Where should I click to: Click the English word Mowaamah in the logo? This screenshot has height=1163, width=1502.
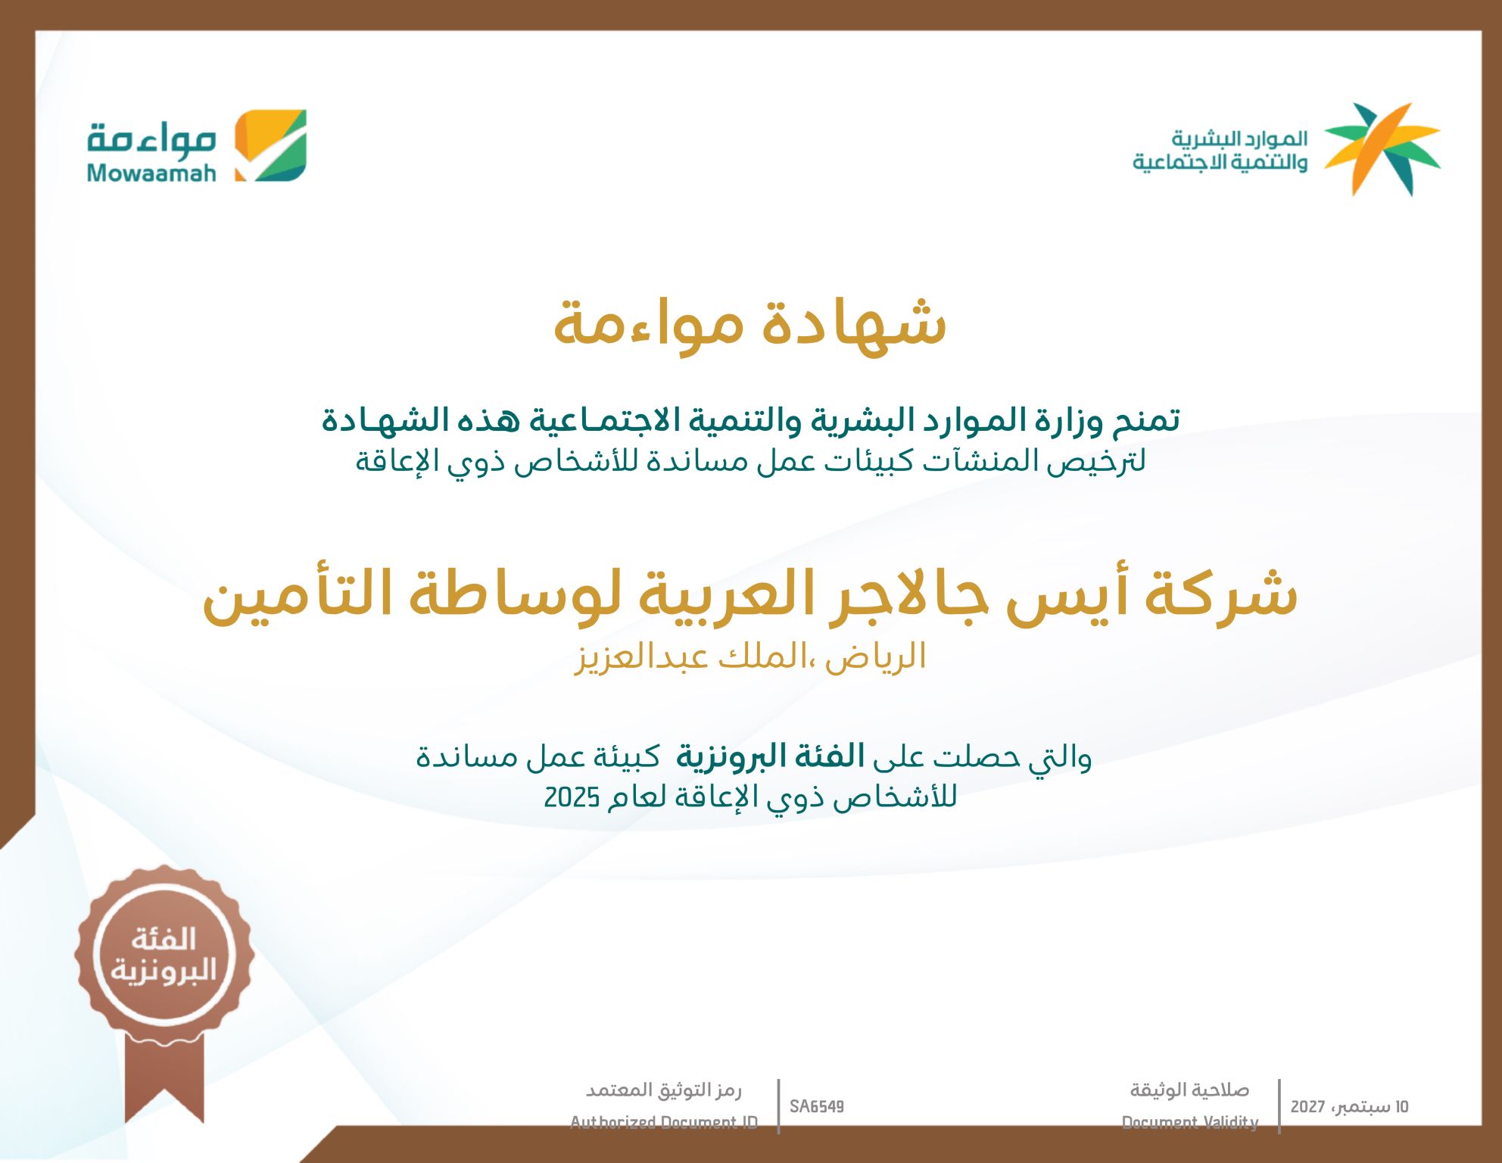pyautogui.click(x=151, y=173)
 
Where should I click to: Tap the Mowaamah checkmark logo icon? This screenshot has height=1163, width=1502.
pyautogui.click(x=270, y=145)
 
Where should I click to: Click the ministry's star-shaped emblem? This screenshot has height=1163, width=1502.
pyautogui.click(x=1382, y=149)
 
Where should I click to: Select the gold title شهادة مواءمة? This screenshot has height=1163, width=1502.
pyautogui.click(x=750, y=323)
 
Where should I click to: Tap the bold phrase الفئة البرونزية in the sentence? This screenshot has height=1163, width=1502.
pyautogui.click(x=770, y=756)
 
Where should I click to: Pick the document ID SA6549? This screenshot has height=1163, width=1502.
pyautogui.click(x=817, y=1107)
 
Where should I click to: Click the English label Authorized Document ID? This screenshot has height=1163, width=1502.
pyautogui.click(x=664, y=1122)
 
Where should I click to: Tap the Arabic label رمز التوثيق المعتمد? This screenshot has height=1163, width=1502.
pyautogui.click(x=664, y=1090)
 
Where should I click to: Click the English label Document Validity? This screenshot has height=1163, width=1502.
pyautogui.click(x=1190, y=1122)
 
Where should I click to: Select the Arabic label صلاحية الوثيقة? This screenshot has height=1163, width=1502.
pyautogui.click(x=1190, y=1090)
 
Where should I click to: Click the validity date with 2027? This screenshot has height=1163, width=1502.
pyautogui.click(x=1350, y=1107)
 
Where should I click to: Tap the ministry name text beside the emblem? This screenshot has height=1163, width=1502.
pyautogui.click(x=1220, y=150)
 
